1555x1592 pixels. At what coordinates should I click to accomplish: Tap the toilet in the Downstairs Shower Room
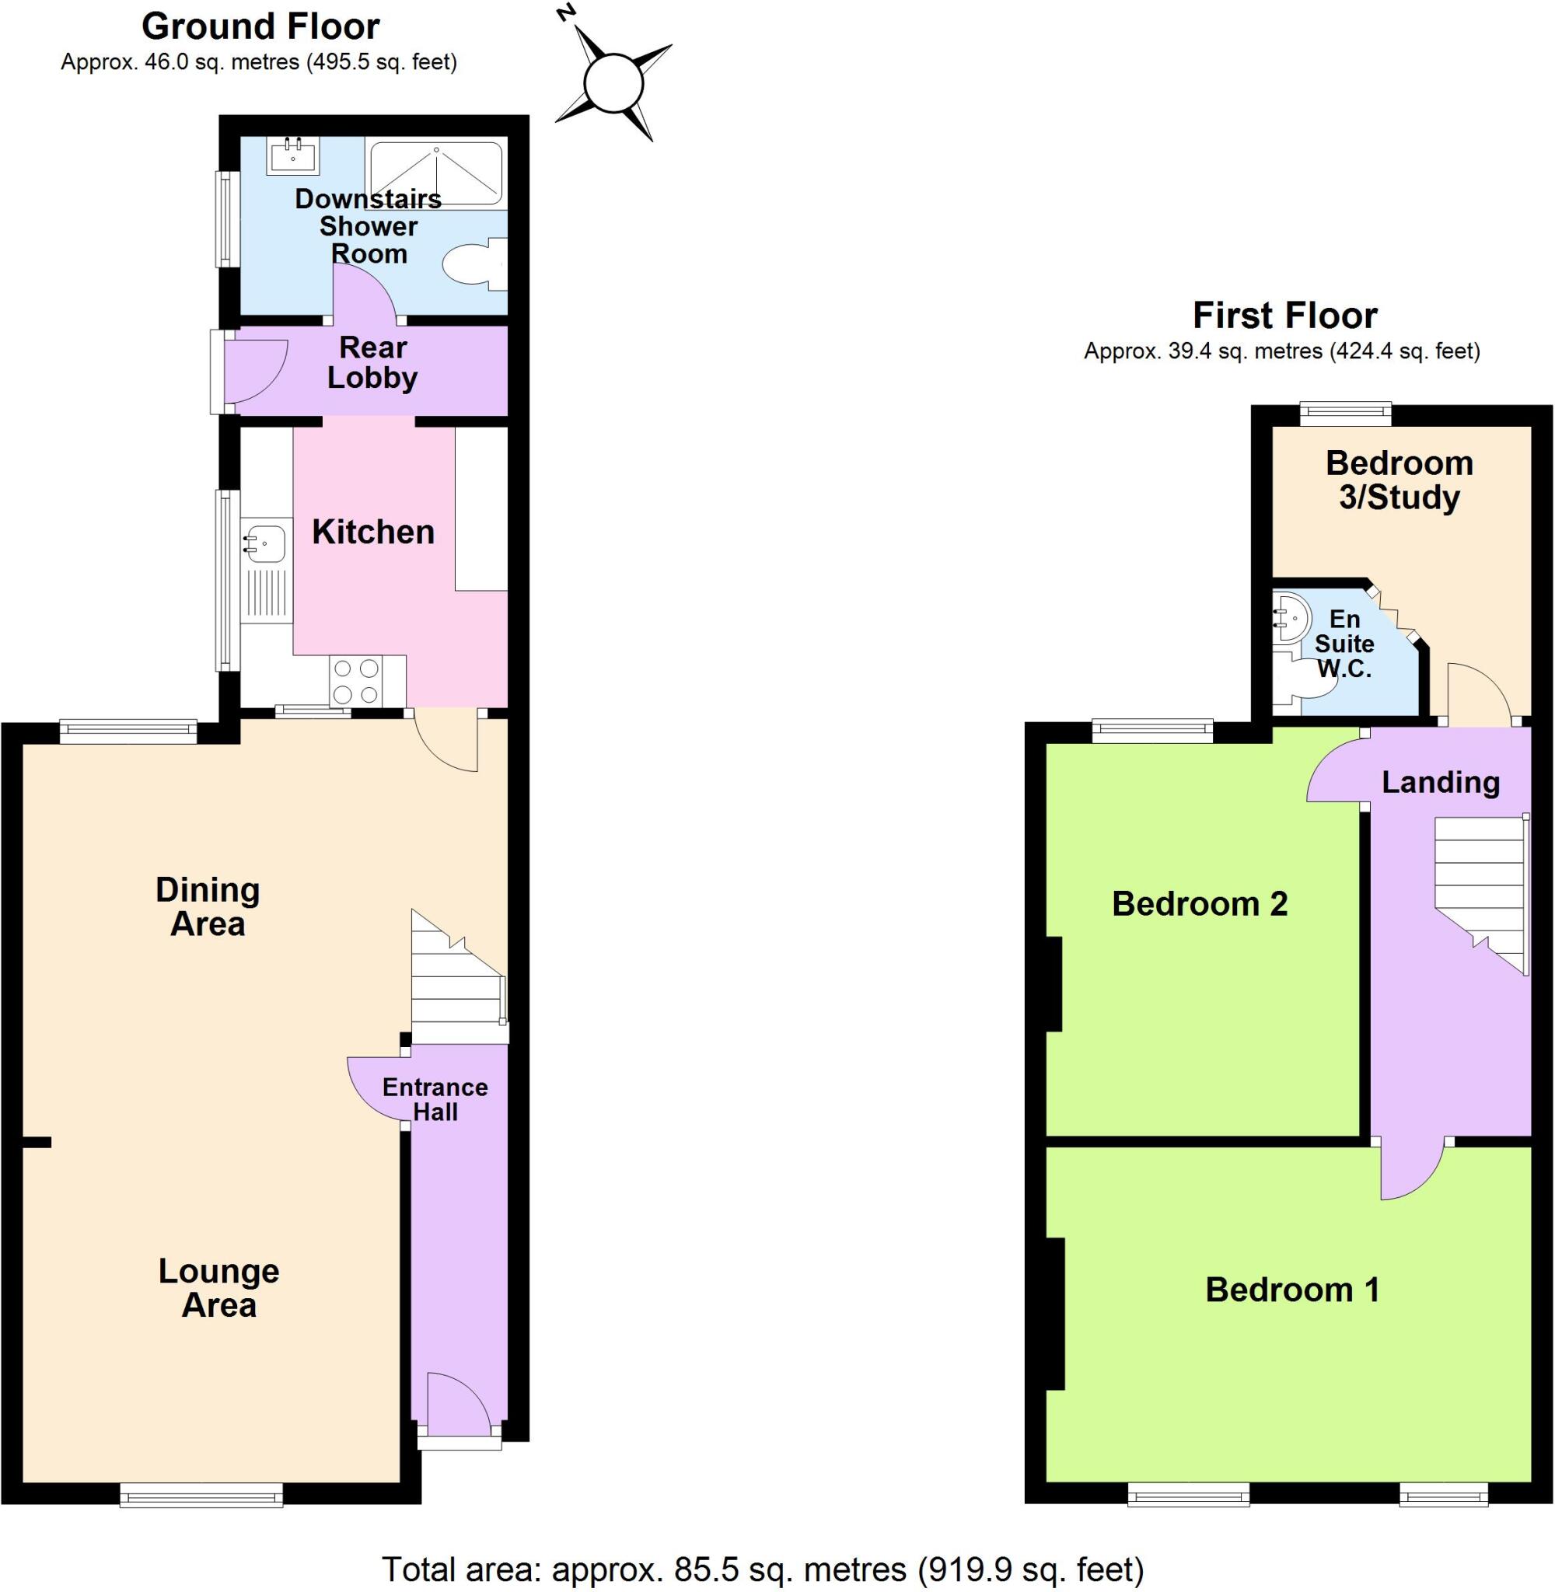coord(470,263)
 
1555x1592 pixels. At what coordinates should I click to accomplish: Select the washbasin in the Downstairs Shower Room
coord(292,155)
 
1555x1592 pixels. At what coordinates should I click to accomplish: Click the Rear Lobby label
coord(372,362)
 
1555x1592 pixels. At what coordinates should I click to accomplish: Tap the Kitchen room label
coord(373,532)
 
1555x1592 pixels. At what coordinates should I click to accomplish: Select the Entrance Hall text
coord(435,1099)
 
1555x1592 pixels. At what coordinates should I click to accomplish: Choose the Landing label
coord(1441,782)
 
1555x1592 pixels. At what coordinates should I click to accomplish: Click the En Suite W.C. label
coord(1344,644)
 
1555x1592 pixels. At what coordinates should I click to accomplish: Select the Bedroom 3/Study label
coord(1399,480)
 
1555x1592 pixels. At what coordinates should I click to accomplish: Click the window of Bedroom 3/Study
coord(1345,412)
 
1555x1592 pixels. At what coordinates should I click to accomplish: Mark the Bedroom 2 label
coord(1200,904)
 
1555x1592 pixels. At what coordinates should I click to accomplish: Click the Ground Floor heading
coord(260,27)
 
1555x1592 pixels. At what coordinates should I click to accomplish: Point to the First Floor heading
coord(1284,315)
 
